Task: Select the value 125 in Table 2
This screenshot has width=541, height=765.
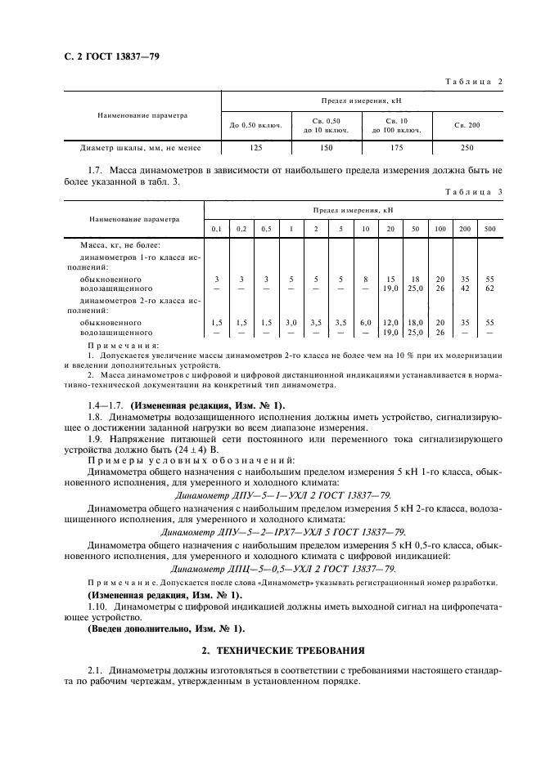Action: point(256,148)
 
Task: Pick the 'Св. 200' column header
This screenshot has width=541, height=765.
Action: point(467,125)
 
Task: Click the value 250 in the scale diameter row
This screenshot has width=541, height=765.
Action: point(467,148)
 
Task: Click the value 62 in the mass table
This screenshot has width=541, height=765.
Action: point(489,289)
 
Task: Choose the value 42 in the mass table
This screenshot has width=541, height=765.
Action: point(465,289)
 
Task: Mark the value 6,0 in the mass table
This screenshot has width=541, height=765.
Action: point(365,323)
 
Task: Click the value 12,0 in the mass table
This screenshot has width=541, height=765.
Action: point(390,323)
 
